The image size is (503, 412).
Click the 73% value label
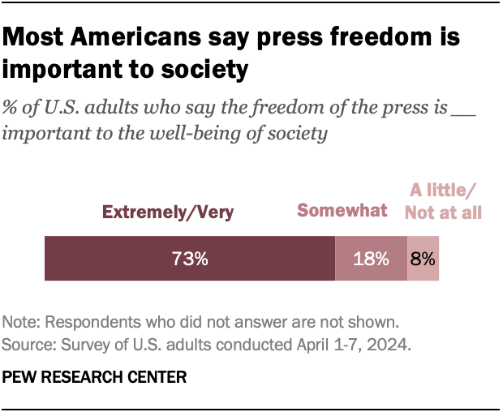(189, 260)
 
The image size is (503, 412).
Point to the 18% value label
(371, 260)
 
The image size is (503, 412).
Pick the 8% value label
(423, 260)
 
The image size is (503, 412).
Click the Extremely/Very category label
(167, 212)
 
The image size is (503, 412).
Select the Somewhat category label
(342, 211)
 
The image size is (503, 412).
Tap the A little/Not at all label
(445, 202)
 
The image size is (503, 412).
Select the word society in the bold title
(206, 71)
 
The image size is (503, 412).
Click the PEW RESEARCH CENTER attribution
(95, 376)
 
